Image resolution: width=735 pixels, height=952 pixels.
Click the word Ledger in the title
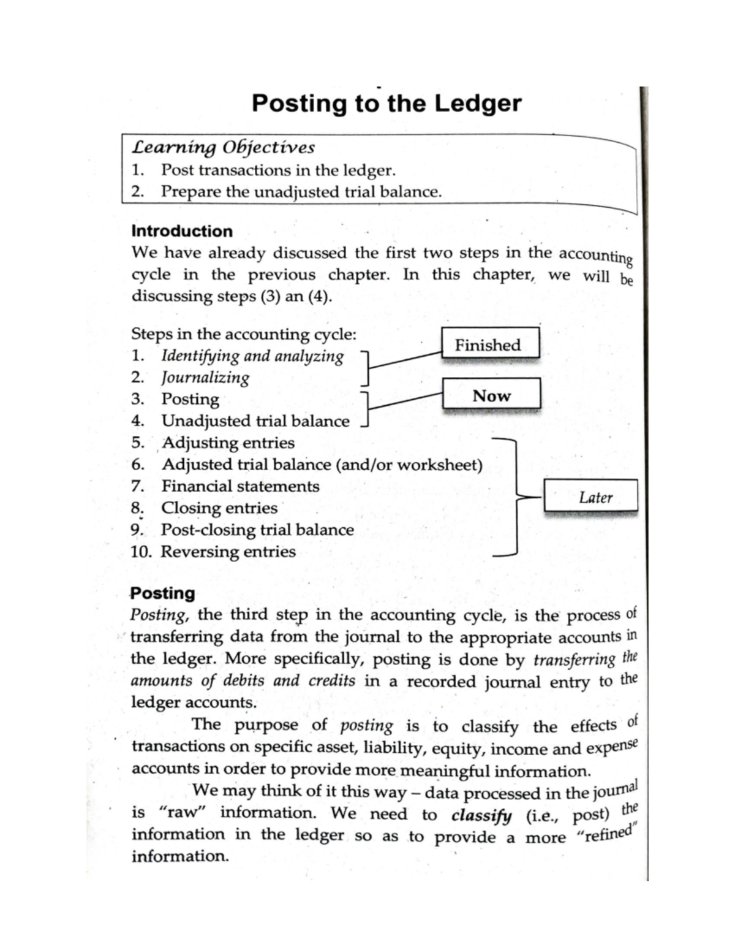pyautogui.click(x=478, y=104)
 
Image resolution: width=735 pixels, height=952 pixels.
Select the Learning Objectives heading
pyautogui.click(x=223, y=148)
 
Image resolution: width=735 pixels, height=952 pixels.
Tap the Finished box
pyautogui.click(x=489, y=345)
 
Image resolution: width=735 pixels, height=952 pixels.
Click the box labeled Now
pyautogui.click(x=491, y=395)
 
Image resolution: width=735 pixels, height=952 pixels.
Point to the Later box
pyautogui.click(x=591, y=497)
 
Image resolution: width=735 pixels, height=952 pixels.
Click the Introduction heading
pyautogui.click(x=182, y=231)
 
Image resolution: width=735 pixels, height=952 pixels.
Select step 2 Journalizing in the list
pyautogui.click(x=205, y=378)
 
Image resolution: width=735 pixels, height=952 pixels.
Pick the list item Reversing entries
pyautogui.click(x=228, y=552)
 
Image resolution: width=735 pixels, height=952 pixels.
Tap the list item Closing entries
pyautogui.click(x=219, y=508)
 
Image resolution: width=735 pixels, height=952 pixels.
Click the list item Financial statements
pyautogui.click(x=240, y=486)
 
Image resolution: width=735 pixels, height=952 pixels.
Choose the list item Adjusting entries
pyautogui.click(x=228, y=443)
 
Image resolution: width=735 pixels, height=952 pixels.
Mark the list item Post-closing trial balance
pyautogui.click(x=257, y=530)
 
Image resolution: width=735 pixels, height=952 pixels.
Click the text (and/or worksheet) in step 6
pyautogui.click(x=409, y=465)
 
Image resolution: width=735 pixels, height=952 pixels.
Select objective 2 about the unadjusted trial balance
pyautogui.click(x=300, y=192)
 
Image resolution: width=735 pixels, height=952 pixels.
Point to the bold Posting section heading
pyautogui.click(x=162, y=593)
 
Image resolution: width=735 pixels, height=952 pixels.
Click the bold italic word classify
pyautogui.click(x=481, y=815)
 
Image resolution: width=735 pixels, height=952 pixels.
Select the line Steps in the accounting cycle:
pyautogui.click(x=243, y=335)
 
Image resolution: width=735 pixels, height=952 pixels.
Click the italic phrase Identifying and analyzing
pyautogui.click(x=252, y=356)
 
